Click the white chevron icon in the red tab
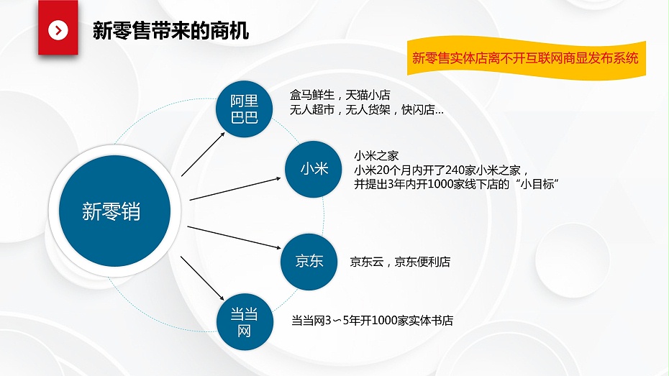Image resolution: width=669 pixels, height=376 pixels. click(x=58, y=30)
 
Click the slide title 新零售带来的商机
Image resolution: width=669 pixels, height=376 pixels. click(x=170, y=31)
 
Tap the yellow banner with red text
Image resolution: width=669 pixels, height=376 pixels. click(x=526, y=58)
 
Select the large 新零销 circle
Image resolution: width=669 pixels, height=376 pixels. click(x=115, y=211)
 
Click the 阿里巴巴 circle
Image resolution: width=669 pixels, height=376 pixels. click(x=244, y=109)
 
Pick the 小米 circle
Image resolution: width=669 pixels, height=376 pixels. click(x=313, y=169)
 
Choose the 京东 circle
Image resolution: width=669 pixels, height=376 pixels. click(x=309, y=262)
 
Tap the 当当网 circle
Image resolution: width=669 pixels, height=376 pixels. click(x=245, y=322)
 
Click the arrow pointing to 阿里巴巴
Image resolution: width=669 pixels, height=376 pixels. click(x=203, y=154)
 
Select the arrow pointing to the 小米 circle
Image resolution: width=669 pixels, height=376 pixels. click(x=235, y=189)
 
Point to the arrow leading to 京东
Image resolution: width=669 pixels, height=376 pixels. click(x=235, y=237)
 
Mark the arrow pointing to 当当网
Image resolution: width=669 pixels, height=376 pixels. click(x=202, y=278)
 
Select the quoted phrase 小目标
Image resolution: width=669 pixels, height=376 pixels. click(x=537, y=185)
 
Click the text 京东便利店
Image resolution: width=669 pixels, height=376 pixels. click(x=422, y=262)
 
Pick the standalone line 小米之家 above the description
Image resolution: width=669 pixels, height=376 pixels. click(x=376, y=156)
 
